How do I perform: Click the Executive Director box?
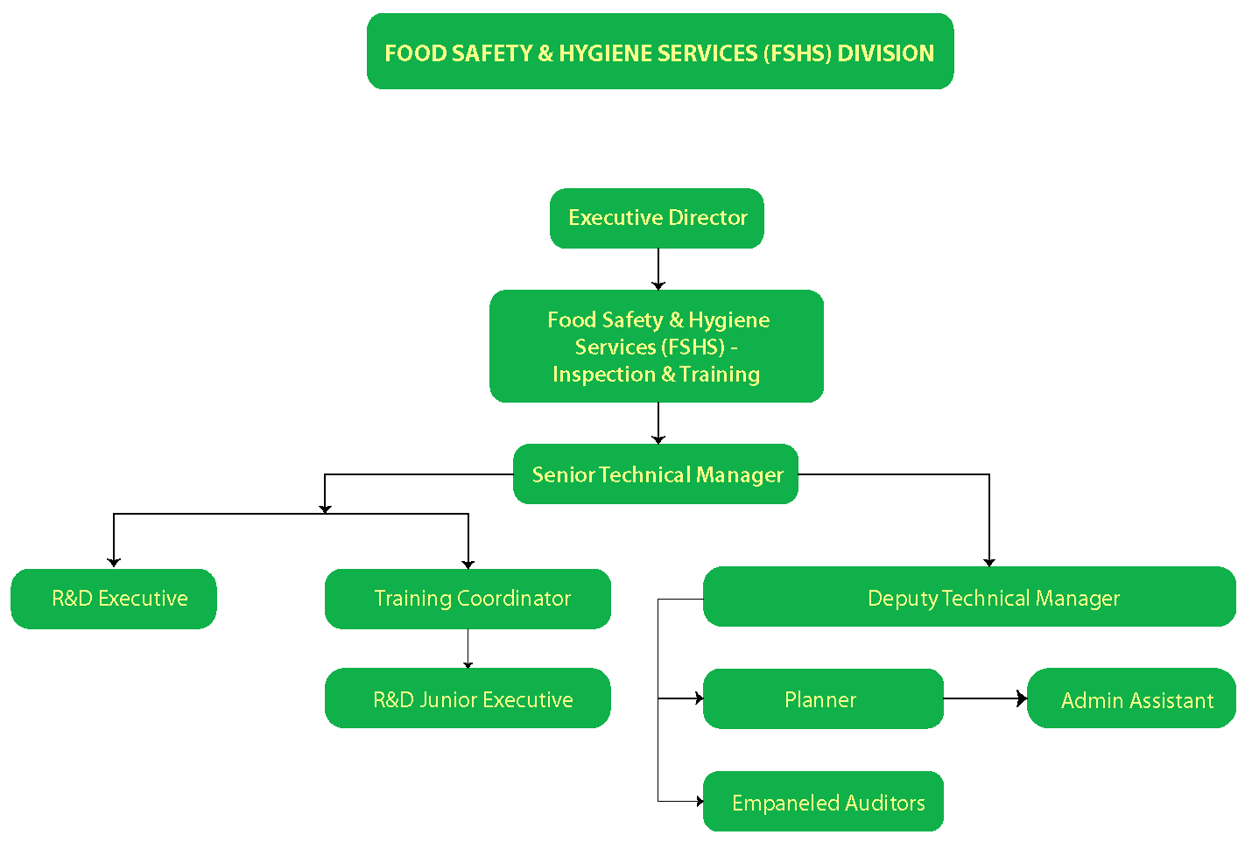click(x=657, y=218)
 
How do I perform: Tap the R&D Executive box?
click(x=114, y=599)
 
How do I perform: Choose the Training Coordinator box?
click(x=468, y=599)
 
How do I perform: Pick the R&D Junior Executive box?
click(x=468, y=698)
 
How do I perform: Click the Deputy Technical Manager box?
click(x=969, y=597)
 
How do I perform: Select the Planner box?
click(x=823, y=698)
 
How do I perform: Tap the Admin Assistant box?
click(x=1131, y=698)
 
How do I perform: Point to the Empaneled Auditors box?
click(x=823, y=801)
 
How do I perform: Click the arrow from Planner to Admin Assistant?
click(x=985, y=698)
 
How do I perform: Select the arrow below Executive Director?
click(x=658, y=269)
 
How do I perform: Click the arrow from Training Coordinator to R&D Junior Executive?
click(x=468, y=649)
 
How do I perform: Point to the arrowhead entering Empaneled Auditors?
click(x=699, y=801)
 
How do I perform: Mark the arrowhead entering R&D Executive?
click(x=114, y=562)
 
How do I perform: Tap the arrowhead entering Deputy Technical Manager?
click(x=989, y=562)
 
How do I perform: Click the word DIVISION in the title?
click(x=885, y=53)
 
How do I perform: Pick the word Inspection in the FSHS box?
click(x=604, y=375)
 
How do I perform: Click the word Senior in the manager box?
click(x=563, y=475)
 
